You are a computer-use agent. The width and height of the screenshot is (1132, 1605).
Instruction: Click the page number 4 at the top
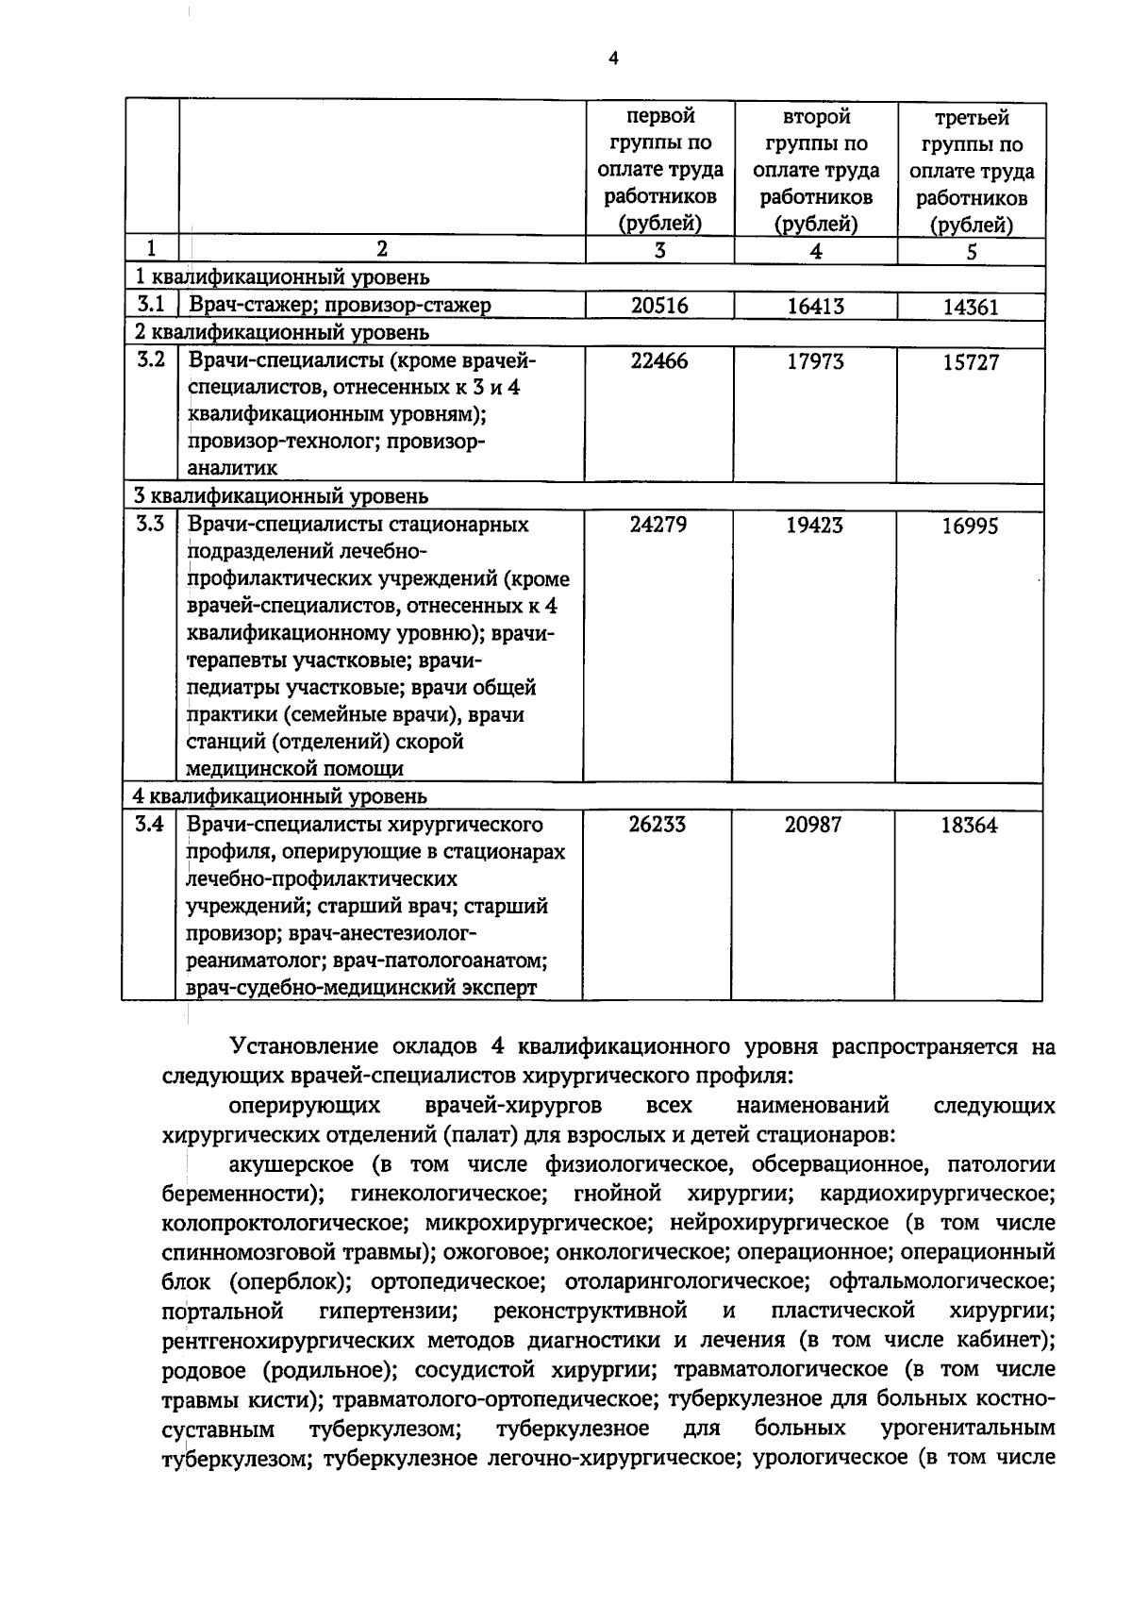click(613, 59)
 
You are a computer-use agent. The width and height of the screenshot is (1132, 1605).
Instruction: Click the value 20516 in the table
click(659, 305)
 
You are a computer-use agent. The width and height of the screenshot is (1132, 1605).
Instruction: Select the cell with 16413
click(815, 306)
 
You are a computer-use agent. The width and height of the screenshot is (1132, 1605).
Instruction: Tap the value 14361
click(971, 307)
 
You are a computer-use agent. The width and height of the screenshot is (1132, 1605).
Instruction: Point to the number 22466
click(659, 360)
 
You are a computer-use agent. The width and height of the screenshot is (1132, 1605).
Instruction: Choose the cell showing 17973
click(815, 361)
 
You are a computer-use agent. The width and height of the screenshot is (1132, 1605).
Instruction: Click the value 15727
click(971, 362)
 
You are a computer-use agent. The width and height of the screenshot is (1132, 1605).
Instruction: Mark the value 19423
click(814, 525)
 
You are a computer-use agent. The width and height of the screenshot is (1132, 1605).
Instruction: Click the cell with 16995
click(970, 526)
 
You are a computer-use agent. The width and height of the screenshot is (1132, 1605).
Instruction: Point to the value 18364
click(969, 826)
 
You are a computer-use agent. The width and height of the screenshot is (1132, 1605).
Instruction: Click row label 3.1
click(151, 304)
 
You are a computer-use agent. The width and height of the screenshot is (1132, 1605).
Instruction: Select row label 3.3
click(150, 524)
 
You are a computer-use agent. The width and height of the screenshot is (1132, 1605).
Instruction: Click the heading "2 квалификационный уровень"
click(281, 332)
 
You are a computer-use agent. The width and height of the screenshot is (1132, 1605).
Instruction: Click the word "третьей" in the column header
click(972, 118)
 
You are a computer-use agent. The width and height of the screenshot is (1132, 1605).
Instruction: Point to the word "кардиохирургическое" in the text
click(936, 1194)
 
